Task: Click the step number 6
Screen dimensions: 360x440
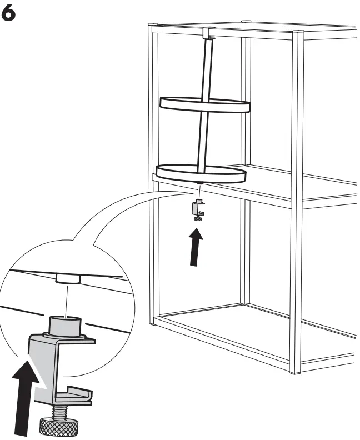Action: [x=8, y=13]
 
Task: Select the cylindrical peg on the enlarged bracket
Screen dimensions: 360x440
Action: [x=66, y=325]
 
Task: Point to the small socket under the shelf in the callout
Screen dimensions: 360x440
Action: [x=68, y=279]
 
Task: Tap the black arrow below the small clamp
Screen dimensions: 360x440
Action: [x=196, y=246]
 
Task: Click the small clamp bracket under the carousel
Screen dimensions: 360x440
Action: [x=198, y=208]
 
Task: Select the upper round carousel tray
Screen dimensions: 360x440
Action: [x=205, y=104]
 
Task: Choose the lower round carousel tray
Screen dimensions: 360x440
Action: [x=201, y=173]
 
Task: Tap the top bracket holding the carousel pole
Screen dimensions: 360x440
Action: [x=208, y=33]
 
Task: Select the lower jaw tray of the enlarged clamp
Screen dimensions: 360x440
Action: [x=74, y=396]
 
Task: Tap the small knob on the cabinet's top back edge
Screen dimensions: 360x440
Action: [x=246, y=21]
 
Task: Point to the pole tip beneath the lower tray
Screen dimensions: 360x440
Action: [x=200, y=183]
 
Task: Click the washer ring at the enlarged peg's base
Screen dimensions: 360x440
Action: [x=64, y=336]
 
